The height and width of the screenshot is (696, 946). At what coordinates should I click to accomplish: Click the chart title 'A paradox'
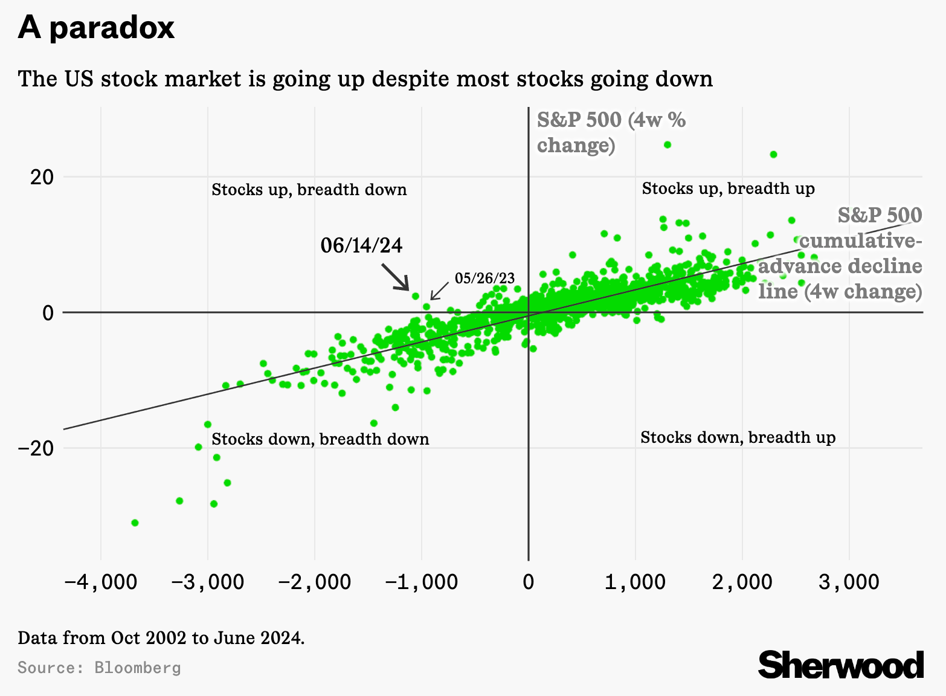(96, 28)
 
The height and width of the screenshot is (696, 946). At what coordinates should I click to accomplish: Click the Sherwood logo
(840, 665)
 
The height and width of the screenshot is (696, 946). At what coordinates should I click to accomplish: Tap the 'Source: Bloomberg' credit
(99, 668)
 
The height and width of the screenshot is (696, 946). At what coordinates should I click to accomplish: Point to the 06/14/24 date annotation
(361, 245)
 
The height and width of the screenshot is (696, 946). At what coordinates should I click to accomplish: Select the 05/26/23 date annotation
(484, 278)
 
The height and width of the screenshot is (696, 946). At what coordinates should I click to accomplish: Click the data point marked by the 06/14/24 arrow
(416, 296)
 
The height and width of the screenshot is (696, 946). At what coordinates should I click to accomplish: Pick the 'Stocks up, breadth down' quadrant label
(309, 190)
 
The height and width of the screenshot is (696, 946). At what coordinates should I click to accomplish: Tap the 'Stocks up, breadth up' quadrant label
(728, 188)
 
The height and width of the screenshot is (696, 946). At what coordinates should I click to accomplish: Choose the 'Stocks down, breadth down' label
(320, 439)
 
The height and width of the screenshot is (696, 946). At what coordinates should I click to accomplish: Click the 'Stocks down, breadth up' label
(738, 437)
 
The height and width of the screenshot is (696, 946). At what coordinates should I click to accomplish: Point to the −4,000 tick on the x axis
(100, 582)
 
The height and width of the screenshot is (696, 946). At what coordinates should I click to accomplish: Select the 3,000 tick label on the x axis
(849, 582)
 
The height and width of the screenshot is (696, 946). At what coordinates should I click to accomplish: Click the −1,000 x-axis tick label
(421, 582)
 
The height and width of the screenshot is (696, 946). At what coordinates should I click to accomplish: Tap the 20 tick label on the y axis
(40, 177)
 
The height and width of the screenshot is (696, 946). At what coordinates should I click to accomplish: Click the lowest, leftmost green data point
(135, 523)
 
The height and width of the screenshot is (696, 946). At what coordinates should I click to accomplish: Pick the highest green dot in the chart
(668, 145)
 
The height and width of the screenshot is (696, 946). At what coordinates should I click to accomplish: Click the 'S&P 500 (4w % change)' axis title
(611, 133)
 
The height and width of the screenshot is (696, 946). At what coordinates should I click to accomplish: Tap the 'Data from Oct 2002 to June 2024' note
(161, 638)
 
